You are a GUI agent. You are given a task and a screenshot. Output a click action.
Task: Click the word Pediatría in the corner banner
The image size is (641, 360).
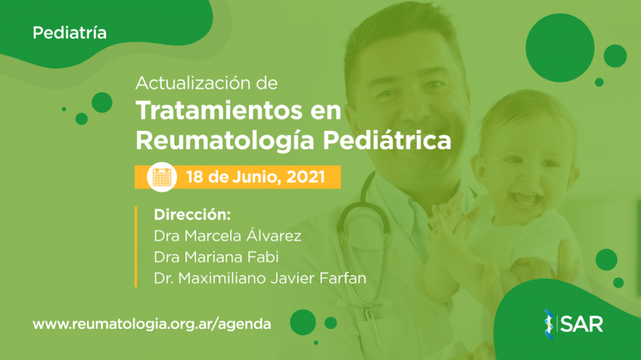pos(70,33)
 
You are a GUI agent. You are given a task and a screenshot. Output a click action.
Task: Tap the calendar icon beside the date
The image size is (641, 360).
pos(162,177)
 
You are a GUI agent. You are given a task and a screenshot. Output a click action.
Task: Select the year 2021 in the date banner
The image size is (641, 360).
pos(306,177)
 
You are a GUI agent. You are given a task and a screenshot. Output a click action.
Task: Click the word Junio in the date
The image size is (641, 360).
pos(257,177)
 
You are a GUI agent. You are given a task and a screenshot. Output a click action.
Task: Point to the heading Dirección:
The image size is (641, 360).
pos(192,215)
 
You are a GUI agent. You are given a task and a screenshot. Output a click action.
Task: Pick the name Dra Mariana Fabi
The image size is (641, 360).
pos(216,257)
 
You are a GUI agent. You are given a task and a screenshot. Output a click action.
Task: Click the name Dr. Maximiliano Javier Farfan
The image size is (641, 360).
pos(260,278)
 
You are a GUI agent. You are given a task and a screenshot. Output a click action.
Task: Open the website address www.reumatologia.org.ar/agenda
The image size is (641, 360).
pos(152,324)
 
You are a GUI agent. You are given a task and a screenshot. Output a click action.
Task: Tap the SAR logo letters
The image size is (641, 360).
pos(582,324)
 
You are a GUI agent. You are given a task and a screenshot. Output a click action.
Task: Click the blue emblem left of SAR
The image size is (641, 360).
pos(549,324)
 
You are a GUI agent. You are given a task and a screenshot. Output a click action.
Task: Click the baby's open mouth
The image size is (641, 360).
pos(525,199)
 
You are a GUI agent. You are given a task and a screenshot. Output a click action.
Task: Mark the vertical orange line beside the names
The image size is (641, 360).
pos(136,247)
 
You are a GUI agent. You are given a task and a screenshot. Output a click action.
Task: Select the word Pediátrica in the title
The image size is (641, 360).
pos(387,140)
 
